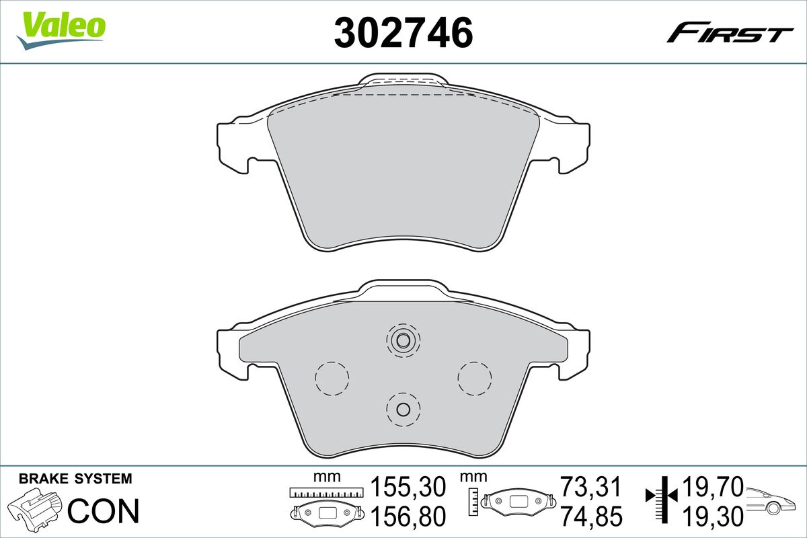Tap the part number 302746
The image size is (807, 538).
[x=403, y=32]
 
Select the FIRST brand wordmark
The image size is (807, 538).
[x=730, y=37]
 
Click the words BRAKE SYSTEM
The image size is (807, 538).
[x=75, y=479]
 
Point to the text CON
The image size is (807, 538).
[x=104, y=511]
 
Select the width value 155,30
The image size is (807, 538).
[x=408, y=487]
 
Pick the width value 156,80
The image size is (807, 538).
[x=408, y=516]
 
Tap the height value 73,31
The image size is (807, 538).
[x=591, y=487]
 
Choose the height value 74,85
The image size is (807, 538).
[x=591, y=516]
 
